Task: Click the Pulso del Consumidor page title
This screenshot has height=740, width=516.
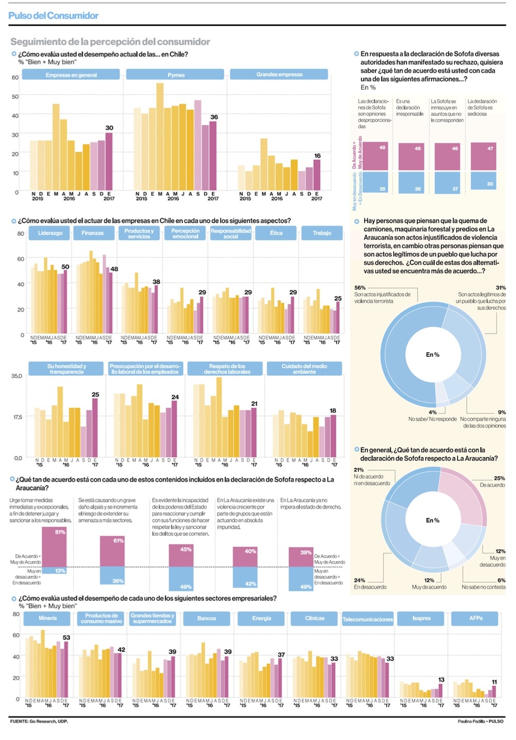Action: pyautogui.click(x=53, y=15)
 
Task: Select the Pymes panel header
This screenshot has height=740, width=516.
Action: pyautogui.click(x=175, y=75)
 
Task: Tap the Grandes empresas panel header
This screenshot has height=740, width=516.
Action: pyautogui.click(x=279, y=75)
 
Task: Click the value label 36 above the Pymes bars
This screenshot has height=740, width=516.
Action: pyautogui.click(x=214, y=117)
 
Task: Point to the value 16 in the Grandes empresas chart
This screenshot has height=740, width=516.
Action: pyautogui.click(x=317, y=155)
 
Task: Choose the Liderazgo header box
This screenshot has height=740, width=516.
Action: pyautogui.click(x=50, y=233)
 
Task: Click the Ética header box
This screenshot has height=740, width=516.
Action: pyautogui.click(x=276, y=233)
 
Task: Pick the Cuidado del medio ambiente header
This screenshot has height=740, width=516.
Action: pyautogui.click(x=304, y=368)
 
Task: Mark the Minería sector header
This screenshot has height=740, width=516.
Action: pyautogui.click(x=48, y=618)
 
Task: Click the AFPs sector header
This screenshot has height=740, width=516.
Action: pyautogui.click(x=476, y=618)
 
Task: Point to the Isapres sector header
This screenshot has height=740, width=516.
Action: pyautogui.click(x=422, y=618)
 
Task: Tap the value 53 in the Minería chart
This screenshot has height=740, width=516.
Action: pyautogui.click(x=66, y=637)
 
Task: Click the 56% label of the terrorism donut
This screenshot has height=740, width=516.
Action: pyautogui.click(x=360, y=287)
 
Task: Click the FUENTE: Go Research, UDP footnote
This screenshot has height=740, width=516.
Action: pyautogui.click(x=39, y=721)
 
